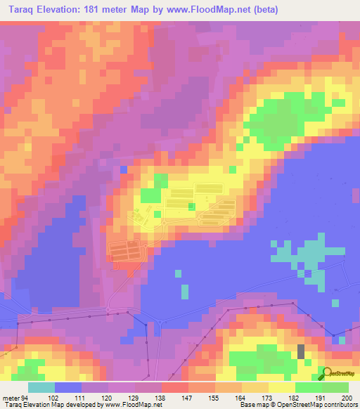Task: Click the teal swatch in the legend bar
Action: [x=41, y=387]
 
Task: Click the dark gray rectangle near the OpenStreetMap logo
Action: [x=302, y=351]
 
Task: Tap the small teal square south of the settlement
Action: [x=185, y=291]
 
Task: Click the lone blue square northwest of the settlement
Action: [x=124, y=170]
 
